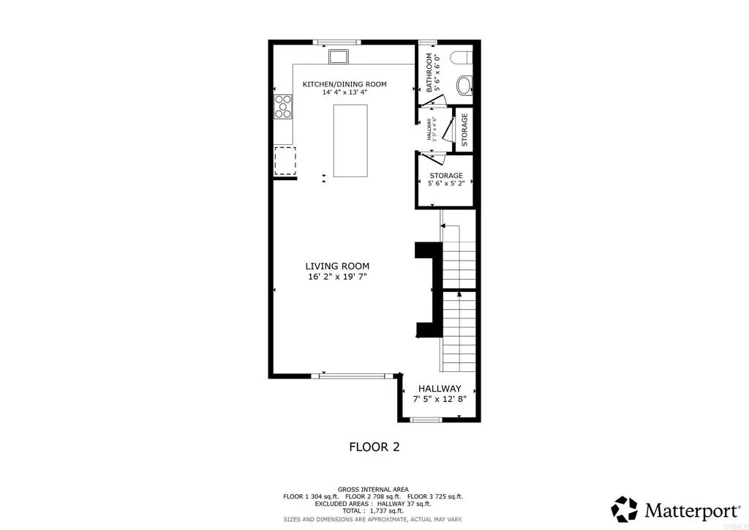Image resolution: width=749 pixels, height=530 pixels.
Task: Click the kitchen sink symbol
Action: tap(339, 56)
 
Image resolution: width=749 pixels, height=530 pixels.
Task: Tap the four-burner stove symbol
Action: tap(282, 107)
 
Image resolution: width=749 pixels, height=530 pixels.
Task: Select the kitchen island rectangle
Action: tap(350, 141)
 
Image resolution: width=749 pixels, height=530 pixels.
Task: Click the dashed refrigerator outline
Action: tap(285, 160)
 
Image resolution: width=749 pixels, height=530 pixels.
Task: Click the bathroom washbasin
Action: tap(464, 87)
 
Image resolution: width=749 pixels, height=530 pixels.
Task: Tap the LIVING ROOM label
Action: tap(337, 266)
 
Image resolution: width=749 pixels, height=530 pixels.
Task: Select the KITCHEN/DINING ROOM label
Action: tap(345, 84)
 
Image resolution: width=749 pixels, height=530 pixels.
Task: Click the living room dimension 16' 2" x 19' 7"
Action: tap(337, 277)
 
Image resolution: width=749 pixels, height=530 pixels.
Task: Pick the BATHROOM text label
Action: tap(430, 72)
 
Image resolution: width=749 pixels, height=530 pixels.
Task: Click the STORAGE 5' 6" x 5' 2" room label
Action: tap(445, 179)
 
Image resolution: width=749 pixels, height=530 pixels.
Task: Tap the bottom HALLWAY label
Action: tap(439, 389)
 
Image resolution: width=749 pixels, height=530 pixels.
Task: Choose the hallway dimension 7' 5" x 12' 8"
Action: tap(439, 400)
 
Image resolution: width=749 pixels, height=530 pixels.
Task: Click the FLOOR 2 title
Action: tap(374, 447)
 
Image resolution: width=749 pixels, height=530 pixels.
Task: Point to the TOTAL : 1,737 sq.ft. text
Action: tap(374, 510)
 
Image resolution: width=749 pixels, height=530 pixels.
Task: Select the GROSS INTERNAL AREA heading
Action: tap(373, 489)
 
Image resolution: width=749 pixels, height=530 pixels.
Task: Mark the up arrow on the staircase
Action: tap(459, 294)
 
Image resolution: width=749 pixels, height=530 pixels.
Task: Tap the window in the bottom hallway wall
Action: tap(425, 419)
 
